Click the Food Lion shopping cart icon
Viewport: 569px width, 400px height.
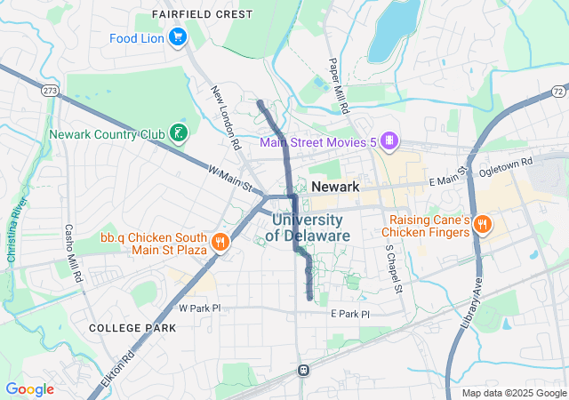(178, 37)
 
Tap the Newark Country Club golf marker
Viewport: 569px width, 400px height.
(179, 134)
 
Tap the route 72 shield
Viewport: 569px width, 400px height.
(557, 92)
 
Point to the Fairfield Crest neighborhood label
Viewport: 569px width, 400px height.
(202, 14)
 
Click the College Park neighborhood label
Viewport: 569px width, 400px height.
(132, 328)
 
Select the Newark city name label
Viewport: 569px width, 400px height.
(335, 187)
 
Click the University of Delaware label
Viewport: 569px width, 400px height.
(307, 228)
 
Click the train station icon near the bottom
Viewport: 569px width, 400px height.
(303, 369)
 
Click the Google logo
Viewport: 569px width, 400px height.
(29, 389)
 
